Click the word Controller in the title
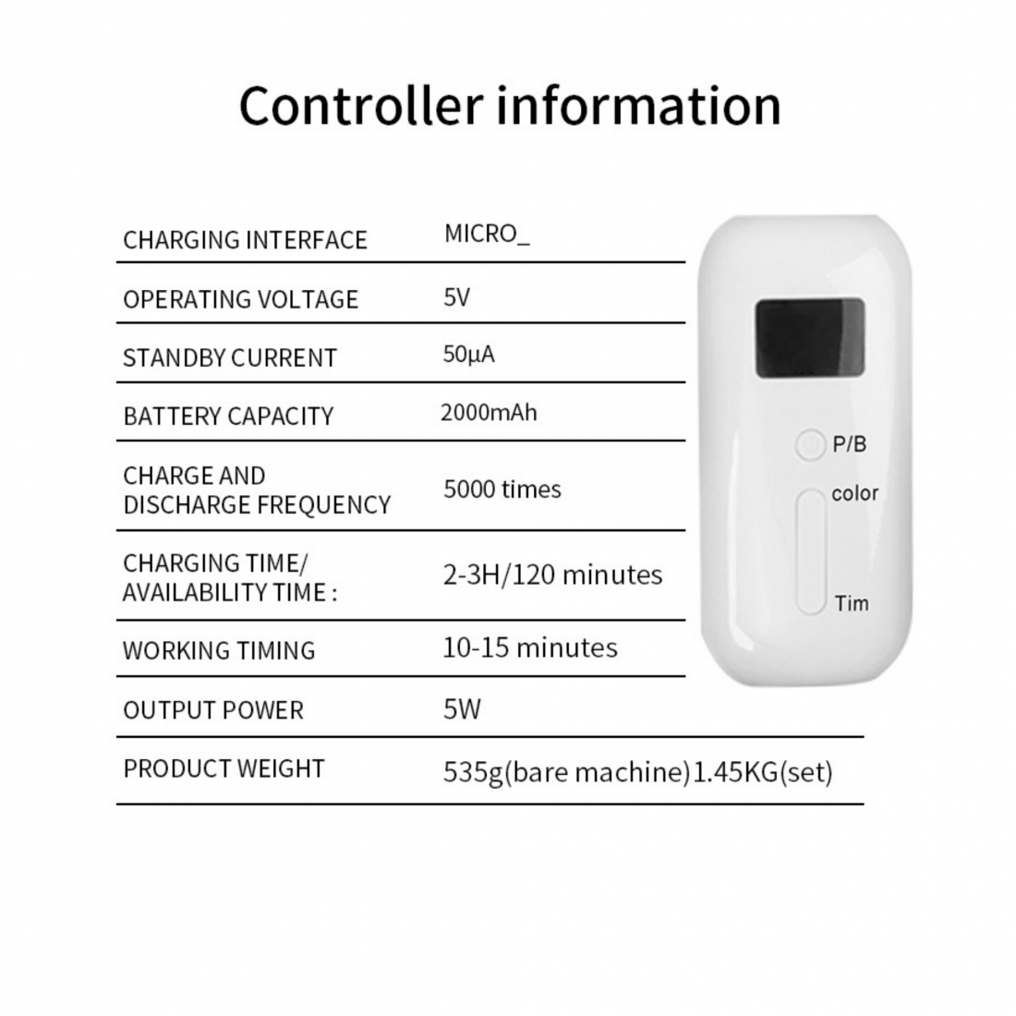tap(361, 105)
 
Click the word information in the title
tap(639, 105)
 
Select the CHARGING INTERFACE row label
tap(245, 240)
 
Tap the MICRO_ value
tap(487, 234)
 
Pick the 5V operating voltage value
tap(457, 297)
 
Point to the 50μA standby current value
tap(468, 355)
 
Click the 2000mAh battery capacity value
tap(489, 413)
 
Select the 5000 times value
tap(502, 490)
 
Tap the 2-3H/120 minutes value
tap(552, 575)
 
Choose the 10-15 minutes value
tap(530, 648)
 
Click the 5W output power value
tap(462, 709)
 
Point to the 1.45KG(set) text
tap(763, 772)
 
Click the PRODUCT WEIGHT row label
tap(224, 769)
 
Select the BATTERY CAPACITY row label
tap(228, 416)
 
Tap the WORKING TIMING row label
tap(219, 650)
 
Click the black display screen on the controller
tap(810, 337)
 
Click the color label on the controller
tap(854, 494)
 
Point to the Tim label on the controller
tap(852, 604)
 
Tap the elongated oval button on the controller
tap(811, 551)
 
